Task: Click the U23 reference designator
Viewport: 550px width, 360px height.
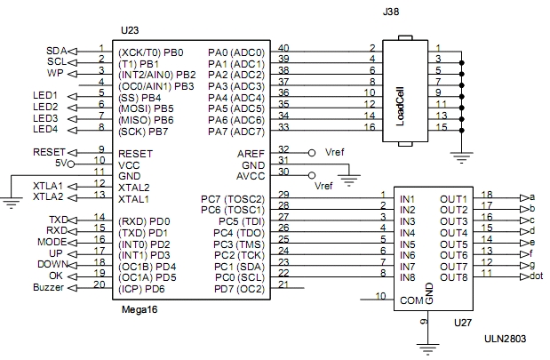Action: click(x=130, y=30)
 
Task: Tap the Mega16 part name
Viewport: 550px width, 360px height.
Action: click(x=139, y=310)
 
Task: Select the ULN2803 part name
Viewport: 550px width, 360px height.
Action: click(x=505, y=339)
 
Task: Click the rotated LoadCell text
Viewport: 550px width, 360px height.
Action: click(x=400, y=107)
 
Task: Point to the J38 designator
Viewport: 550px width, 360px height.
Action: click(x=391, y=12)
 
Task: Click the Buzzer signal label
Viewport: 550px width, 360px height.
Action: click(x=48, y=287)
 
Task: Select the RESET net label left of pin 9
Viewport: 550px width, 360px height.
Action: click(x=49, y=152)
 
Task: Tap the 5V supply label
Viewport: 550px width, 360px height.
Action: click(x=61, y=164)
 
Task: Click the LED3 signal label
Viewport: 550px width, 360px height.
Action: click(x=45, y=118)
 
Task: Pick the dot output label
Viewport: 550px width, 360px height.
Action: click(x=537, y=276)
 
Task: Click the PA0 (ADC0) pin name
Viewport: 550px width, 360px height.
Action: click(x=236, y=52)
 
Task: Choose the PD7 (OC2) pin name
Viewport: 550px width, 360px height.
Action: click(x=239, y=290)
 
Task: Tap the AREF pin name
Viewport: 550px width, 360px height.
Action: click(x=251, y=154)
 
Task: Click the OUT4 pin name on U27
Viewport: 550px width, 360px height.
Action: click(x=454, y=233)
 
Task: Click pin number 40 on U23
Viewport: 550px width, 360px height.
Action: click(x=283, y=48)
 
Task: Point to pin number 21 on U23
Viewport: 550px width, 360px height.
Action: click(x=283, y=284)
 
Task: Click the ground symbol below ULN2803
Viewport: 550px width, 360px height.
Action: click(x=427, y=349)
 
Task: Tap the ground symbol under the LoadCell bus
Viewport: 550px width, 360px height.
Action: click(x=462, y=157)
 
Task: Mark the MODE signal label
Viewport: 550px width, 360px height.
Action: click(x=52, y=242)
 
